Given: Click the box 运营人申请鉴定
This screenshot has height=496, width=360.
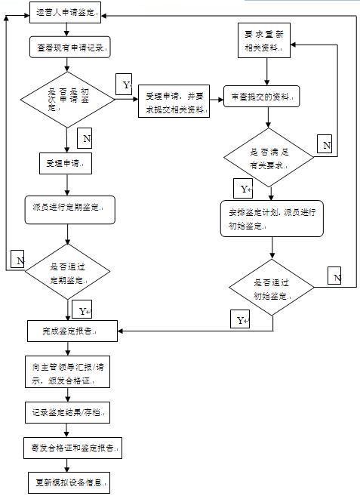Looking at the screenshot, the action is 65,13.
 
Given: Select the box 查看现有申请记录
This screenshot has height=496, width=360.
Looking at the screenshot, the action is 70,47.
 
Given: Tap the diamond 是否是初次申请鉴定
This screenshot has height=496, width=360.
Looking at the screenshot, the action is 67,100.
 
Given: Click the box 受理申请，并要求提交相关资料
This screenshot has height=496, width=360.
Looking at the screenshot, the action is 174,101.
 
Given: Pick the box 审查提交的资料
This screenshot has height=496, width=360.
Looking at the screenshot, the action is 262,96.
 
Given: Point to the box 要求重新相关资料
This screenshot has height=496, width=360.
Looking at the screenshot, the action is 264,41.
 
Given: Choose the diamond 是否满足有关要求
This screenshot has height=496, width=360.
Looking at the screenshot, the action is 269,157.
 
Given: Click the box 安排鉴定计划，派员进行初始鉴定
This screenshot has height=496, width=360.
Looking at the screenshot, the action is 272,219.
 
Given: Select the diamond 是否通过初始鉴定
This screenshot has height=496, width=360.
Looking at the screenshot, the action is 272,287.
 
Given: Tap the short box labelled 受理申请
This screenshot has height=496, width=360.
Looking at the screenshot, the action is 66,164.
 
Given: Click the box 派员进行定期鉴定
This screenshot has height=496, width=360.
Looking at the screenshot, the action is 70,210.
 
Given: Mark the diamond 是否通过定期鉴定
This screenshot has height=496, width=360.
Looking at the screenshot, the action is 67,272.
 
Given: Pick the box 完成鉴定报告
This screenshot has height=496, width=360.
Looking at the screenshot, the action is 72,331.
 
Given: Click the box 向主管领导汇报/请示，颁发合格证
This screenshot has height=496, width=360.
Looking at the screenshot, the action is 68,371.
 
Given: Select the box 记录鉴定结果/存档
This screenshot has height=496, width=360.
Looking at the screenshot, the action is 68,412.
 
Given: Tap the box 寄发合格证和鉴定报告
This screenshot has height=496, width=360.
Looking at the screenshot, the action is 72,448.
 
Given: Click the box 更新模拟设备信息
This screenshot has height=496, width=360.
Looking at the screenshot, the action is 69,482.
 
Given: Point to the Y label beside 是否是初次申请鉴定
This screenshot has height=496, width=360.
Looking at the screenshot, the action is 124,84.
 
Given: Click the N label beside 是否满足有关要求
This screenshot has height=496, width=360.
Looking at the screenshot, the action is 325,144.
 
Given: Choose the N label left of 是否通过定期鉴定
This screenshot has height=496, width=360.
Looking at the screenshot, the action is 17,259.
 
